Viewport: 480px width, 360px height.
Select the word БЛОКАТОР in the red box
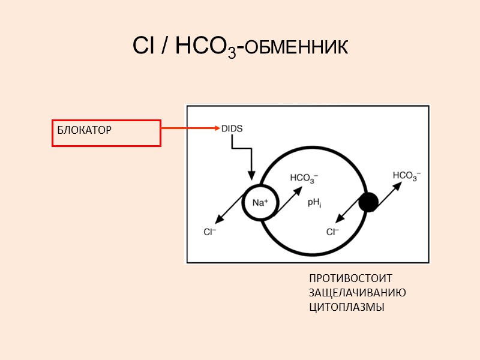[x=85, y=130]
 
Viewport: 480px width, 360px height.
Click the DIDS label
[x=232, y=128]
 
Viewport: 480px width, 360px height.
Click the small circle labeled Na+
[x=260, y=203]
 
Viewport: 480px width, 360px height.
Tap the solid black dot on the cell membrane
[x=368, y=202]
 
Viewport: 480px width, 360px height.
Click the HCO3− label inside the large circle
[x=304, y=178]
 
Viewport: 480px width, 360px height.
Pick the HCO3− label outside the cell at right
[x=407, y=175]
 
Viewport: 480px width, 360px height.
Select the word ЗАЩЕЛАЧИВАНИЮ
[x=358, y=293]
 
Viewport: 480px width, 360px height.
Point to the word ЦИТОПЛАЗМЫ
[x=346, y=307]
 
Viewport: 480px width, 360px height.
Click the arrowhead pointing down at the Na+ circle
[x=252, y=176]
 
